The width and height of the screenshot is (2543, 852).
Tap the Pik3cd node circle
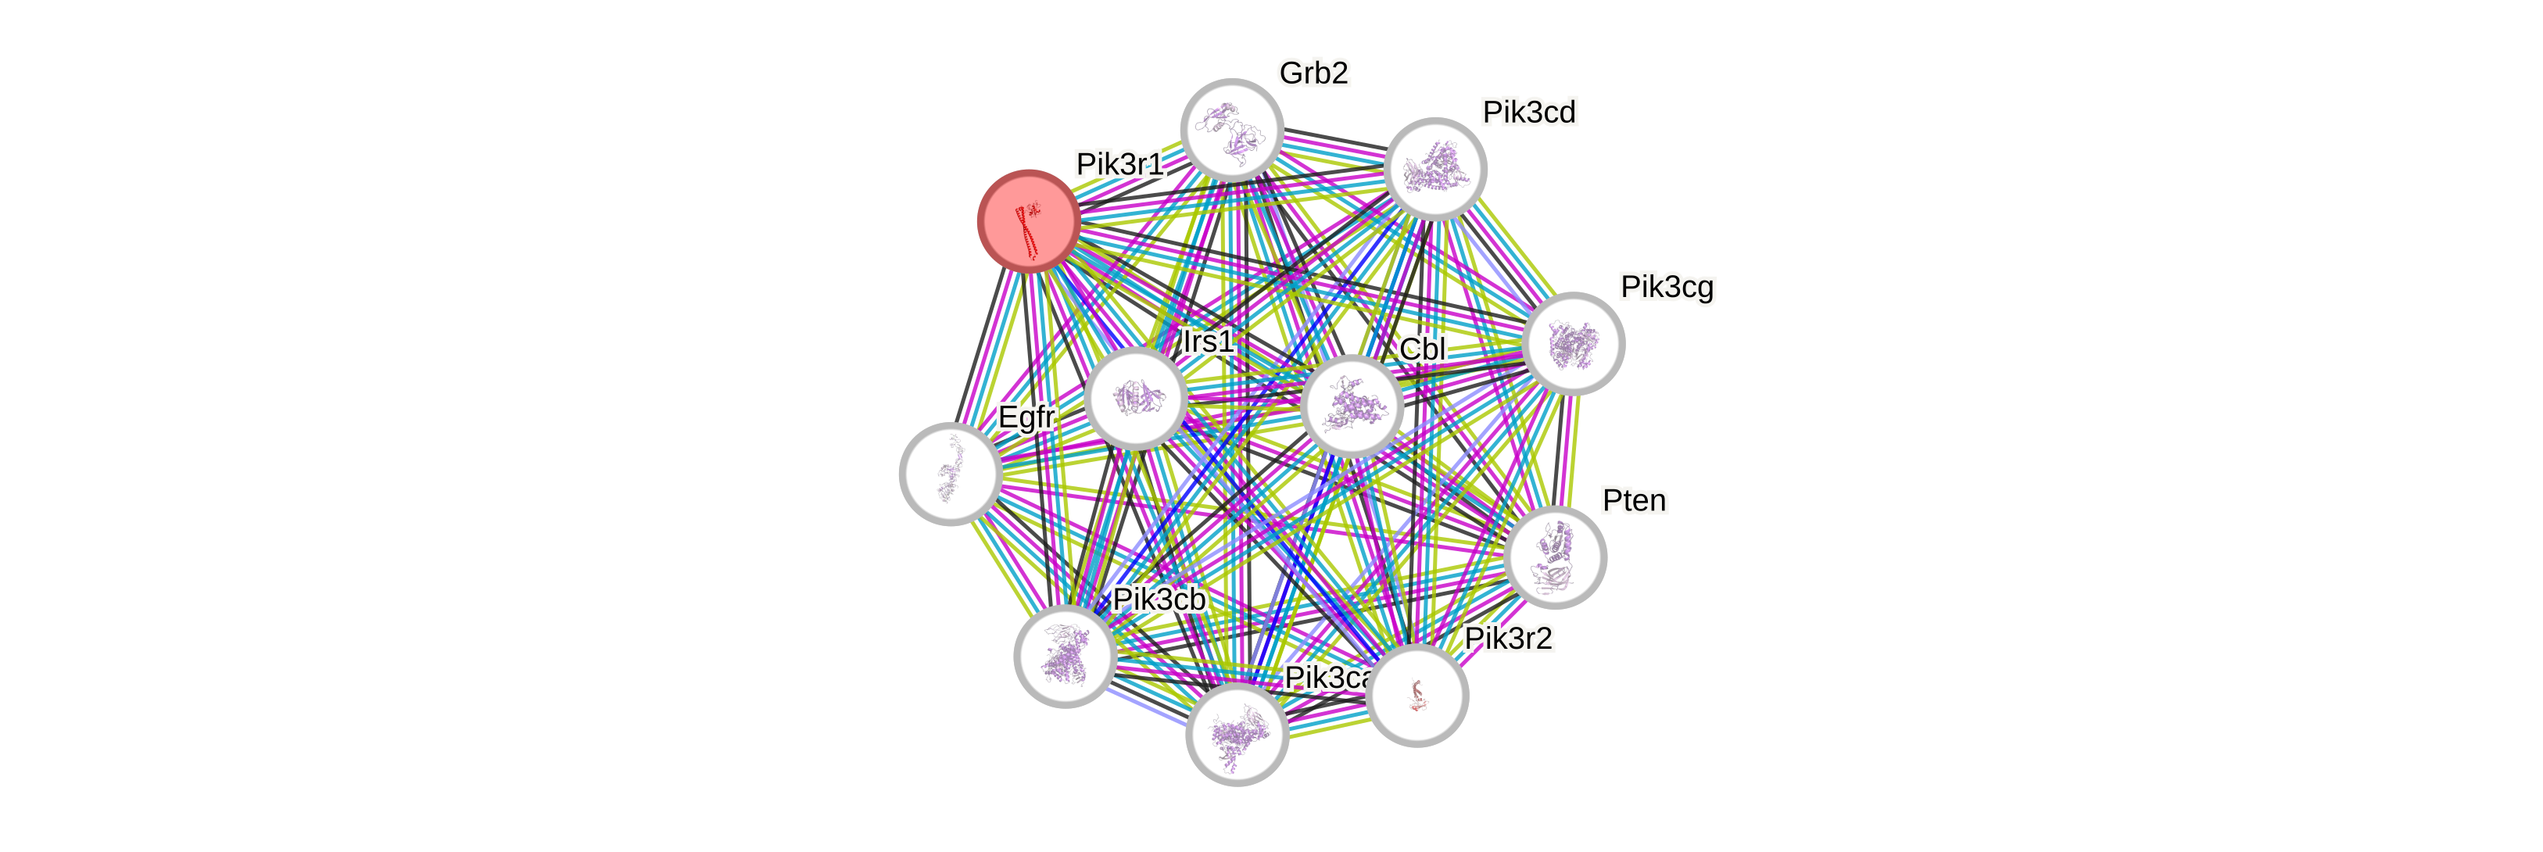coord(1435,169)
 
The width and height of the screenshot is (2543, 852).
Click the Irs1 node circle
coord(1135,399)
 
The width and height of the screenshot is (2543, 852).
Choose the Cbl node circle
coord(1352,406)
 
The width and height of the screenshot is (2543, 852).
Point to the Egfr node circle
coord(951,474)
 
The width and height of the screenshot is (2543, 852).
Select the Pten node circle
coord(1556,557)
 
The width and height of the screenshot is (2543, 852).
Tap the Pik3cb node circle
coord(1066,657)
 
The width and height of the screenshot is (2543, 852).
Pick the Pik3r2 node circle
coord(1417,695)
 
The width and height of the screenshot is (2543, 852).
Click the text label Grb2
coord(1313,73)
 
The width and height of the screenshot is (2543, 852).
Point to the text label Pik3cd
coord(1529,113)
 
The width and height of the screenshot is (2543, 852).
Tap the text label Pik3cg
coord(1667,288)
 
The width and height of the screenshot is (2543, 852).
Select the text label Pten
coord(1634,500)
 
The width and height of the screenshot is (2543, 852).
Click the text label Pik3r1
coord(1119,164)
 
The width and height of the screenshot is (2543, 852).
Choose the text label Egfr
coord(1026,417)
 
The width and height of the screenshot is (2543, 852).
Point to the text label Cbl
coord(1423,349)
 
